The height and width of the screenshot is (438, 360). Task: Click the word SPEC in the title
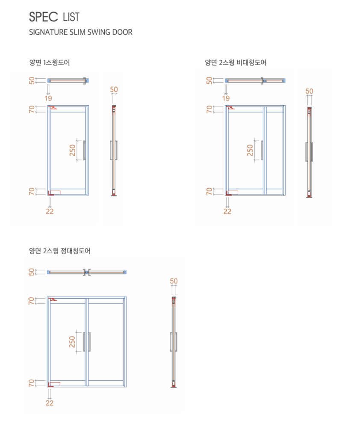(44, 17)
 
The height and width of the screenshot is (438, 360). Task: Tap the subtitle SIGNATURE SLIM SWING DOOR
(81, 32)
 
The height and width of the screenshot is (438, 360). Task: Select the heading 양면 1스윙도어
(50, 62)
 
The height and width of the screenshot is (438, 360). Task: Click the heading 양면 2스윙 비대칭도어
(236, 62)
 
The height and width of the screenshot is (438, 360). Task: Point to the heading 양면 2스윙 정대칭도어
(60, 251)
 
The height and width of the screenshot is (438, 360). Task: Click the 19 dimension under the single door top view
(48, 98)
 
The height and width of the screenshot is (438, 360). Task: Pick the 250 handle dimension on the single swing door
(72, 150)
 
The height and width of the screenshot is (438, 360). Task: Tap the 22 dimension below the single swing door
(50, 211)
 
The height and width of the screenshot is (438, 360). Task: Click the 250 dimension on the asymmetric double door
(250, 150)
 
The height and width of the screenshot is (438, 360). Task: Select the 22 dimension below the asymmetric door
(227, 211)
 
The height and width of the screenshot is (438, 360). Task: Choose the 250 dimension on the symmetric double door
(72, 342)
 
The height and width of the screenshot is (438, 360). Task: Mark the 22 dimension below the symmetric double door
(50, 403)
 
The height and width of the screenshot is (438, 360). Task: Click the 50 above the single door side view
(114, 89)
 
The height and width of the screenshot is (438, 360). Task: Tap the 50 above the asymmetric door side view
(309, 91)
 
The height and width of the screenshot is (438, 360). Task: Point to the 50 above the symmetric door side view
(174, 281)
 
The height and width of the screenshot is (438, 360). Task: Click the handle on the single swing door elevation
(84, 150)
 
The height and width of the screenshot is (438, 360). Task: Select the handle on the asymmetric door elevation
(262, 150)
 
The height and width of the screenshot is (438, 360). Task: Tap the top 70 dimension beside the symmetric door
(32, 301)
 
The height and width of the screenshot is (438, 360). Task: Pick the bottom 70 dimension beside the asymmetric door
(209, 191)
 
